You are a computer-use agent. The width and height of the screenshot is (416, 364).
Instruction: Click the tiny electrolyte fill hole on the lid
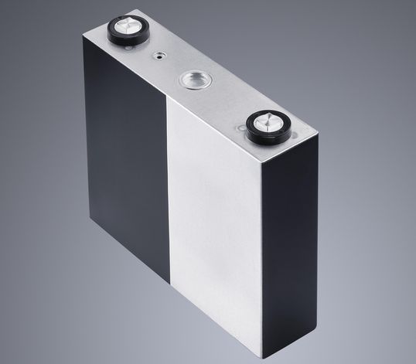(x=159, y=55)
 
